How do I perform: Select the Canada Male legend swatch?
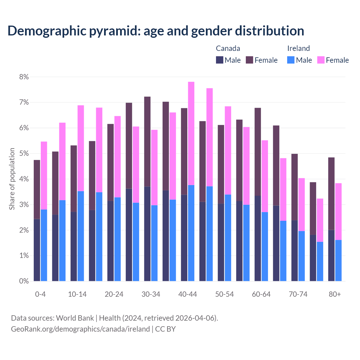[220, 60]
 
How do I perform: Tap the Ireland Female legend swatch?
[321, 60]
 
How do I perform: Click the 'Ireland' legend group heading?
[298, 48]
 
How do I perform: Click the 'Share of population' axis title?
[12, 179]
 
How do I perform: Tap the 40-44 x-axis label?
[188, 294]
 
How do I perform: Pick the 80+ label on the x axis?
[335, 294]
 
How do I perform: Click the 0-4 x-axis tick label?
[40, 294]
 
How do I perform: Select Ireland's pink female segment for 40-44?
[191, 133]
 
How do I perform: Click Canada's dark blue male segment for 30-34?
[147, 234]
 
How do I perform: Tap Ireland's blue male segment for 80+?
[338, 260]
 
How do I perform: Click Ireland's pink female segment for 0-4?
[44, 175]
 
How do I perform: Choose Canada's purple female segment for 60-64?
[258, 152]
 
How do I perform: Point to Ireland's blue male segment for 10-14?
[81, 236]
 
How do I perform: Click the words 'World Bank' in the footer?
[75, 318]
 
